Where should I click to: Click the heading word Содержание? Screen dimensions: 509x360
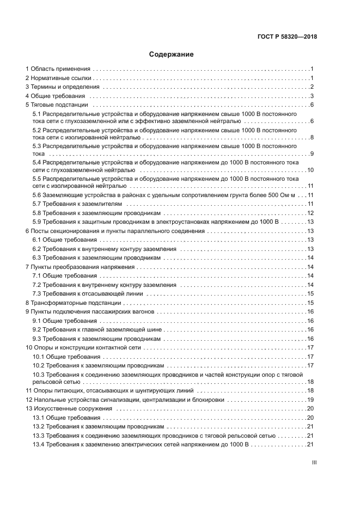[x=171, y=54]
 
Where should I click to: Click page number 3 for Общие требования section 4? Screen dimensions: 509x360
[x=312, y=96]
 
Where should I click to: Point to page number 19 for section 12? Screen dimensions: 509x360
[x=310, y=400]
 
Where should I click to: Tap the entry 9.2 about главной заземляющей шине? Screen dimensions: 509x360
[x=90, y=330]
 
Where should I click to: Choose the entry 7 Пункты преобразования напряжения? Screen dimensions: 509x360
[x=80, y=267]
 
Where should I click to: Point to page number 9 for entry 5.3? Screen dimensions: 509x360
[x=312, y=154]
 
